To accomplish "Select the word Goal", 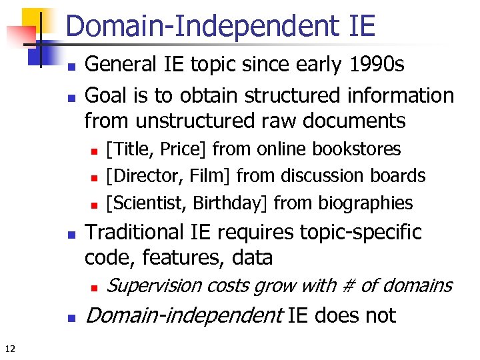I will point(107,95).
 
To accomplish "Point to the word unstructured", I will point(193,121).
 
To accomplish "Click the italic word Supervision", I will point(154,286).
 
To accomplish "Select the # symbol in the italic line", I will point(348,286).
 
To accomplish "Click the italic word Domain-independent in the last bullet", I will point(185,315).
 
